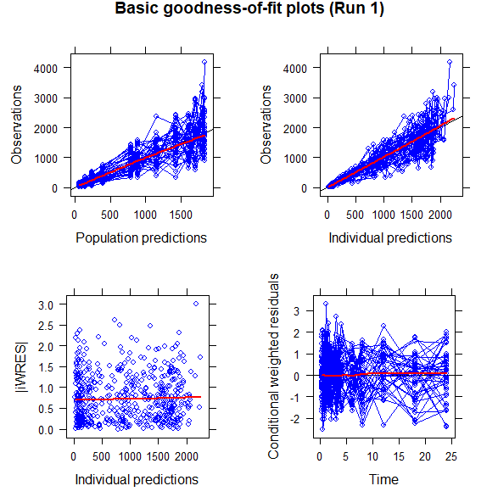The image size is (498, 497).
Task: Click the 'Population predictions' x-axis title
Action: coord(141,237)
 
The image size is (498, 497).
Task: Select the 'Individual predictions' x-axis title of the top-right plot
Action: coord(390,237)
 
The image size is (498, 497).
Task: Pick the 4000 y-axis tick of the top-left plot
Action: coord(53,68)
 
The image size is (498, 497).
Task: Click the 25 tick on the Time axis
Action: coord(451,456)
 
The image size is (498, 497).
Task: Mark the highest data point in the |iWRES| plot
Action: coord(196,303)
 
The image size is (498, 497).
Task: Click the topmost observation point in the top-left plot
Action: coord(204,62)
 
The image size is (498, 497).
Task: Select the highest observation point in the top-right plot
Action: coord(449,62)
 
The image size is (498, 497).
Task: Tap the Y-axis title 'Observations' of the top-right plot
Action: coord(266,128)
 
